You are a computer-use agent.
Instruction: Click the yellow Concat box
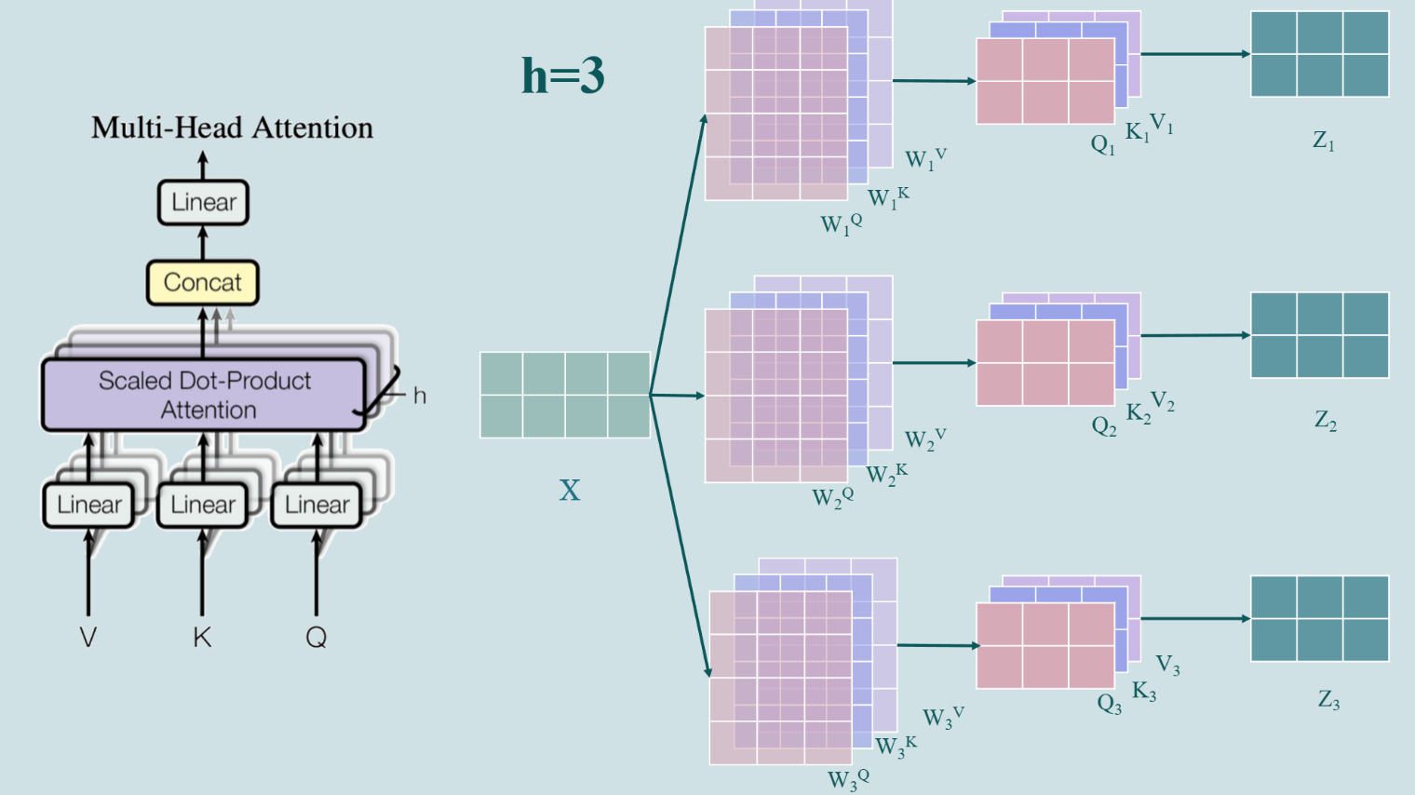pyautogui.click(x=202, y=282)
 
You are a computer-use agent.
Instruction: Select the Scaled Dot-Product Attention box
pyautogui.click(x=204, y=395)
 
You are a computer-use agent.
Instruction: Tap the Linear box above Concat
pyautogui.click(x=203, y=202)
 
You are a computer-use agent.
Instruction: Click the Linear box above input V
pyautogui.click(x=89, y=505)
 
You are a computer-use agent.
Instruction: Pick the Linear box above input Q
pyautogui.click(x=317, y=505)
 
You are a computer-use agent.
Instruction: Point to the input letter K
pyautogui.click(x=202, y=638)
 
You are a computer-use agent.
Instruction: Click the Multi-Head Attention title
pyautogui.click(x=232, y=128)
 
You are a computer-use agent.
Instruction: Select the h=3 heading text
pyautogui.click(x=562, y=75)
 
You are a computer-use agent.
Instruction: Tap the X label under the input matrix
pyautogui.click(x=569, y=491)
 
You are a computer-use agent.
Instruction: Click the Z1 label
pyautogui.click(x=1323, y=141)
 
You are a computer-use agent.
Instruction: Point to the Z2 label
pyautogui.click(x=1325, y=421)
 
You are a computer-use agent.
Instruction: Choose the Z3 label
pyautogui.click(x=1327, y=700)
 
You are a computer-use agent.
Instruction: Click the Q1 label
pyautogui.click(x=1102, y=145)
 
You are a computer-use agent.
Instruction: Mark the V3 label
pyautogui.click(x=1167, y=665)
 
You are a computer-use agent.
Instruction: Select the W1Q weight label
pyautogui.click(x=841, y=224)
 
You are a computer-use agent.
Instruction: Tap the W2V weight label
pyautogui.click(x=924, y=438)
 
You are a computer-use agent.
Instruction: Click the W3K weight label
pyautogui.click(x=896, y=746)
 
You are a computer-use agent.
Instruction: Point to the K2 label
pyautogui.click(x=1138, y=413)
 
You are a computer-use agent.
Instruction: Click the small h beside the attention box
pyautogui.click(x=420, y=396)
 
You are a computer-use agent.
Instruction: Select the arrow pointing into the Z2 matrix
pyautogui.click(x=1195, y=335)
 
